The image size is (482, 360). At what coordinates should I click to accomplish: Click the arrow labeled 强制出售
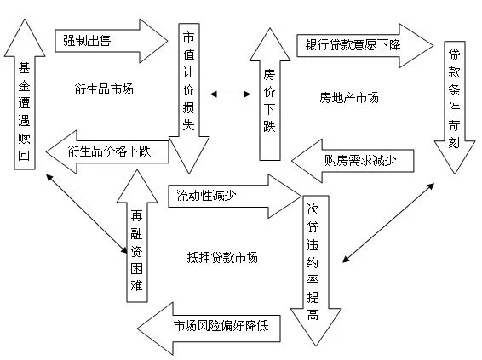(x=111, y=41)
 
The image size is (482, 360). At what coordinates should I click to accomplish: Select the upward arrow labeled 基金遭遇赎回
(x=25, y=94)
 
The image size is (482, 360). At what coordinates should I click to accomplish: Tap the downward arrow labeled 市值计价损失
(x=189, y=98)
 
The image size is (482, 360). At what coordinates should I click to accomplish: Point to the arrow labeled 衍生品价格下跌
(x=107, y=151)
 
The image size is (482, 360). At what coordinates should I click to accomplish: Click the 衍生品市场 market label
(x=104, y=89)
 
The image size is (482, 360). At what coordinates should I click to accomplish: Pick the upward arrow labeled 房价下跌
(x=270, y=94)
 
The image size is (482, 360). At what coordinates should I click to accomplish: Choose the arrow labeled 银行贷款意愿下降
(x=364, y=45)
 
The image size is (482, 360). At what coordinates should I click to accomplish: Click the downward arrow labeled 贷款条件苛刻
(x=455, y=107)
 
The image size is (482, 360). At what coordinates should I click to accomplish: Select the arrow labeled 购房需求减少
(x=353, y=161)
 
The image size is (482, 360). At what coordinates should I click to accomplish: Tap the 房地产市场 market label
(x=349, y=98)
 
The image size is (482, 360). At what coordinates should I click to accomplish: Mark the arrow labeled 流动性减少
(x=235, y=197)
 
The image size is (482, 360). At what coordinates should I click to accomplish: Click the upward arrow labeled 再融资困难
(x=137, y=236)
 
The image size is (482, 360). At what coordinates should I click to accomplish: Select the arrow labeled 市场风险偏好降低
(x=209, y=329)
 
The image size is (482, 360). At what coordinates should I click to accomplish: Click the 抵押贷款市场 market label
(x=222, y=257)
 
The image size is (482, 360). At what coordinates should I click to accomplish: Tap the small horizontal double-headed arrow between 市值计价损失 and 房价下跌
(x=231, y=94)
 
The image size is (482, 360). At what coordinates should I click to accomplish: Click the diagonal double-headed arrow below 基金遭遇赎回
(x=86, y=214)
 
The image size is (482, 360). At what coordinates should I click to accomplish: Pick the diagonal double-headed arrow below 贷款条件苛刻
(x=388, y=223)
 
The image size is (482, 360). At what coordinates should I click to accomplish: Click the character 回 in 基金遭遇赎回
(x=24, y=156)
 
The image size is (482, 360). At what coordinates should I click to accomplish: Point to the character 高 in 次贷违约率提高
(x=313, y=315)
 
